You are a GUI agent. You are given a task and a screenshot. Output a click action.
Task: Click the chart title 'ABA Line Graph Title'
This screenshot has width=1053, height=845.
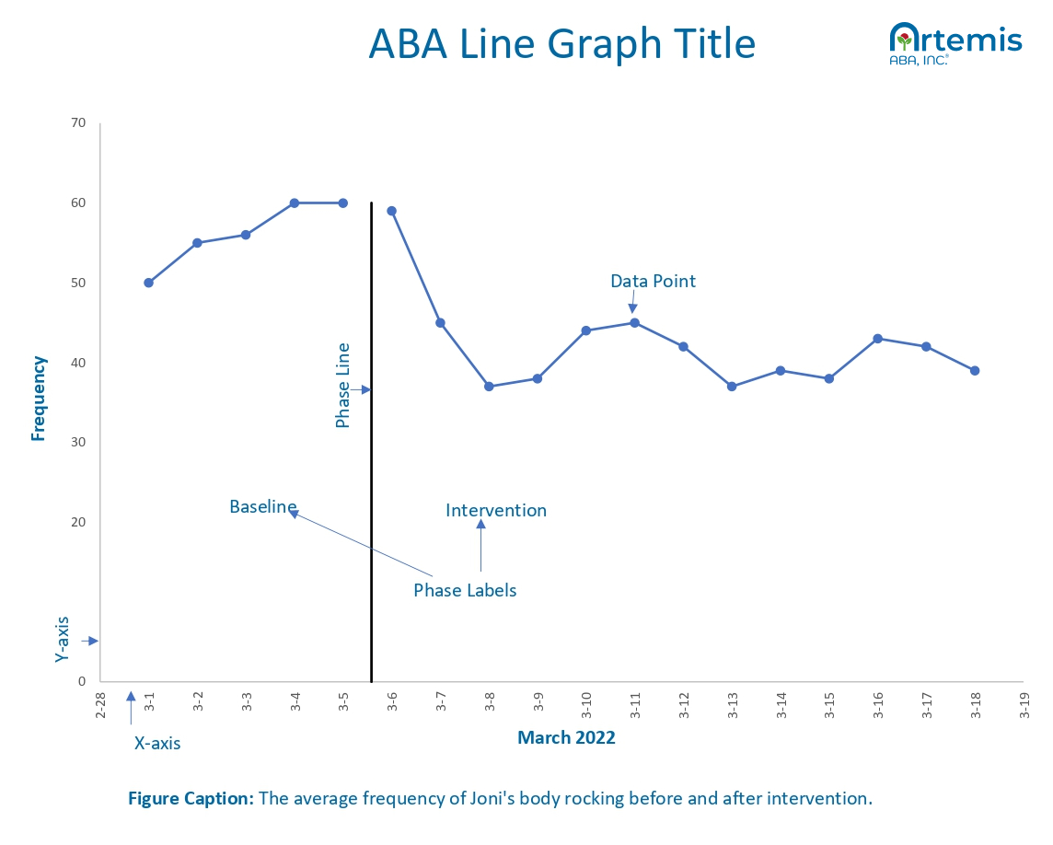click(561, 43)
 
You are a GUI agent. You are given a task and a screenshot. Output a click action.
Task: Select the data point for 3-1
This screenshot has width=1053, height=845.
click(148, 283)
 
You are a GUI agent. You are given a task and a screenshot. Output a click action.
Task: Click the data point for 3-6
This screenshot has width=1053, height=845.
click(391, 211)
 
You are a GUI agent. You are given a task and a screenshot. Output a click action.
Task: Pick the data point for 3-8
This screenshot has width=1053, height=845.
click(489, 387)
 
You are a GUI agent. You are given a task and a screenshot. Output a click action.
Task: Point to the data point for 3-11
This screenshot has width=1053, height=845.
click(634, 322)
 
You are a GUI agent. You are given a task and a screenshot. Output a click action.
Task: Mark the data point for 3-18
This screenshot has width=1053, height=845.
click(975, 371)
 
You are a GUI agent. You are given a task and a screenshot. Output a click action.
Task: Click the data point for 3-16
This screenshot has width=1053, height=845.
click(877, 339)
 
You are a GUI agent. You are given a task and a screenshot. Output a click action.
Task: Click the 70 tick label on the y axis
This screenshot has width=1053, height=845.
click(77, 122)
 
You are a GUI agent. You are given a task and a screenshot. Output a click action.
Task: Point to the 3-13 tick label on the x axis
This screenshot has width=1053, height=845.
click(733, 705)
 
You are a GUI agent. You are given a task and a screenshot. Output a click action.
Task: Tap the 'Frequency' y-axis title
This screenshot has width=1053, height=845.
click(39, 399)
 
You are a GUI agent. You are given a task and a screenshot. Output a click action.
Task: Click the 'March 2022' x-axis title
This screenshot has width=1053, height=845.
click(566, 737)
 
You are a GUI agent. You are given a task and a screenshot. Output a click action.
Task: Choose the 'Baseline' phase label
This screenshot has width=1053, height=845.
click(262, 506)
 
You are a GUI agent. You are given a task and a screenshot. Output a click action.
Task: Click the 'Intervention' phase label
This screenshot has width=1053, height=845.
click(496, 510)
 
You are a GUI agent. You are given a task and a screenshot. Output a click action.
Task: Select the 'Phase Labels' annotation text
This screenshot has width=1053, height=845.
click(465, 590)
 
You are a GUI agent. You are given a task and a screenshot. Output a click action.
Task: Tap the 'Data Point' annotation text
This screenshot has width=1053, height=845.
click(653, 281)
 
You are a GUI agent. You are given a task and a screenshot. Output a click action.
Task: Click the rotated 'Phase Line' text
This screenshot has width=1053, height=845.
click(343, 385)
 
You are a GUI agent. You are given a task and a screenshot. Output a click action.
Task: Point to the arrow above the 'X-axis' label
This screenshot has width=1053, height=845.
click(131, 709)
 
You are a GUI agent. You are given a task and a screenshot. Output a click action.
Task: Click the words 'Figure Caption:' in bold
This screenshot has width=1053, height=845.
click(191, 798)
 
